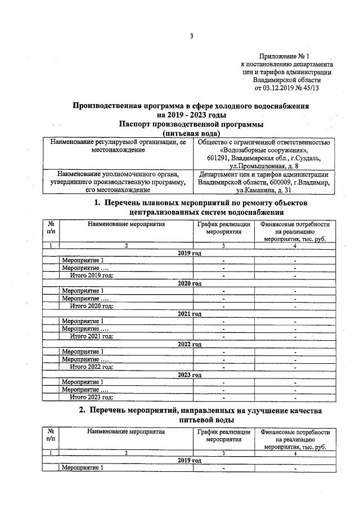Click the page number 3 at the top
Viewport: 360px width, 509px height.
[x=191, y=37]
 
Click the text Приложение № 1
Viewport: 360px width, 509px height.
[x=285, y=56]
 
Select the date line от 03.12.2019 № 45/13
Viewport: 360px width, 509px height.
[x=287, y=88]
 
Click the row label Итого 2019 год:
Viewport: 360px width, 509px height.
[x=92, y=276]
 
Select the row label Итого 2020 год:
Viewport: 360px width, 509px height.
[x=92, y=306]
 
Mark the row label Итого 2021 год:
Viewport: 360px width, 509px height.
[x=92, y=336]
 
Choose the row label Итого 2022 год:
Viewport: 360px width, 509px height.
[x=92, y=367]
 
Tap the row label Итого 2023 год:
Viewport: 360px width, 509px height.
[x=92, y=397]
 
